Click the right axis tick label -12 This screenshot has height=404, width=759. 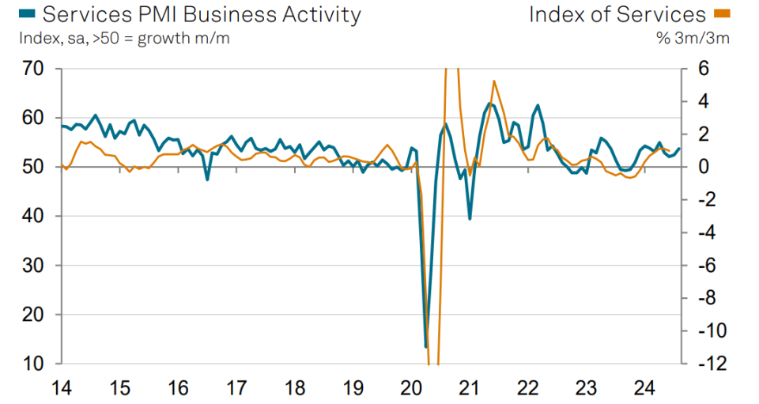click(x=706, y=364)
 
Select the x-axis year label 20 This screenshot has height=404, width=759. click(x=411, y=388)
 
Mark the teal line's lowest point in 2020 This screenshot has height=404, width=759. click(x=425, y=346)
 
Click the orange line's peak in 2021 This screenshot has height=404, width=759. click(x=494, y=81)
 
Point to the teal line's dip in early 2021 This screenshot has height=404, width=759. click(x=470, y=218)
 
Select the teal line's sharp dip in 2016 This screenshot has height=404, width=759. click(x=207, y=179)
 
